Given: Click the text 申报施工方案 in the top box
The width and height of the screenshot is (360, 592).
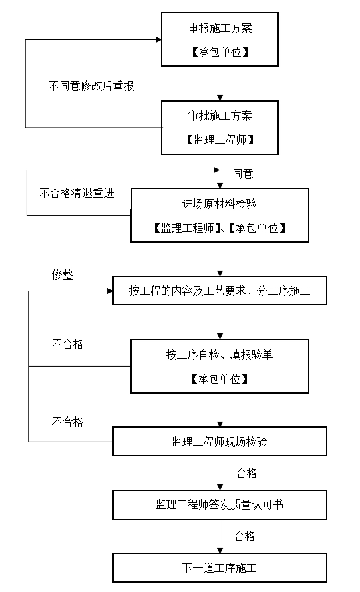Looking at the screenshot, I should pos(220,29).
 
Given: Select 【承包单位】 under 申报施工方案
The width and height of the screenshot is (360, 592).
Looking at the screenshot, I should pos(220,51).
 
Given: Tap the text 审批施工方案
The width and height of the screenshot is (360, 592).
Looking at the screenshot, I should pos(220,116).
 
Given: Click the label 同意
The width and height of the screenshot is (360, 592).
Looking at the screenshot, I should pos(243,174).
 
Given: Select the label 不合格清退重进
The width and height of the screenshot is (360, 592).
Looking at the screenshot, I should pos(77,194).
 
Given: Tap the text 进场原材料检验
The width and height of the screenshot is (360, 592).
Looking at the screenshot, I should pos(220,204).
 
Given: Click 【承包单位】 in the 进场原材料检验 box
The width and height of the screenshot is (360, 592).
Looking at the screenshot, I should pos(258,228).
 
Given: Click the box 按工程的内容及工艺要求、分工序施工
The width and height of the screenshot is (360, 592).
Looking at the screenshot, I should pos(220,291).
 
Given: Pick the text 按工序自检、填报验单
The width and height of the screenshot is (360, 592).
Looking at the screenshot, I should pos(220,355).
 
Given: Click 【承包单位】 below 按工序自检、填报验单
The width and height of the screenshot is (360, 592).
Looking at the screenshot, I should pos(220,378).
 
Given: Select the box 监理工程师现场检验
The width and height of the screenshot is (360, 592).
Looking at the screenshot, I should pos(220,442).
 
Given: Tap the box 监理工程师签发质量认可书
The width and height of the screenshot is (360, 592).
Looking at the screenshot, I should pos(220,504).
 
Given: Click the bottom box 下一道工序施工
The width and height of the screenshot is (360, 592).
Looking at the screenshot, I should pos(220,568).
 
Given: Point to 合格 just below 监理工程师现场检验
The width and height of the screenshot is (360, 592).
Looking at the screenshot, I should pos(246,474).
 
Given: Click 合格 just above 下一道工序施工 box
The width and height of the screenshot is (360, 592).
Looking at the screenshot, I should pos(244,537).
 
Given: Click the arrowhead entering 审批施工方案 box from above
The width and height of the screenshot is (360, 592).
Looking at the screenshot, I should pos(220,97).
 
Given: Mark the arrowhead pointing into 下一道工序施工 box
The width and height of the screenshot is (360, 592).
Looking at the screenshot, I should pos(220,549).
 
